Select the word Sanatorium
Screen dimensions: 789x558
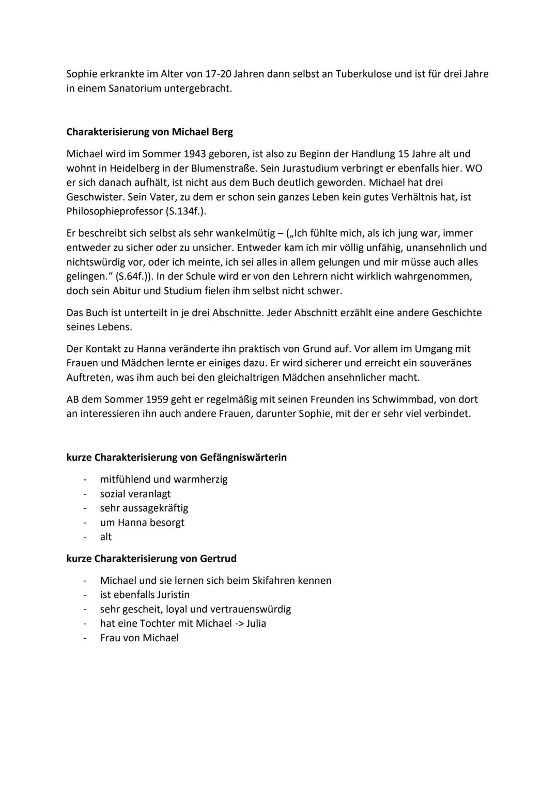tap(135, 88)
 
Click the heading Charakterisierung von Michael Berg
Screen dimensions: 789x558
tap(149, 132)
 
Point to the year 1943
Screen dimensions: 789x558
tap(191, 154)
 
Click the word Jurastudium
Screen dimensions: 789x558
tap(296, 168)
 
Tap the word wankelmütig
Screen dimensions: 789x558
tap(245, 234)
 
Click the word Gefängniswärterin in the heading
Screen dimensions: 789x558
tap(243, 457)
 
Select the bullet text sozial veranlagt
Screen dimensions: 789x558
tap(135, 494)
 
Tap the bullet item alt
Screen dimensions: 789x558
tap(105, 537)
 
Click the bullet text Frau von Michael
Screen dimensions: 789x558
tap(139, 638)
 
